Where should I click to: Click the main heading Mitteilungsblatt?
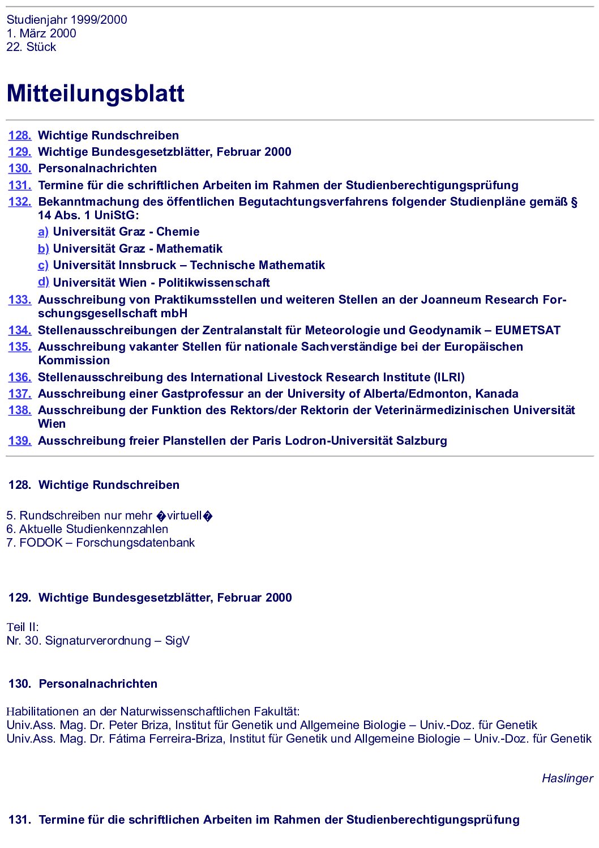coord(95,93)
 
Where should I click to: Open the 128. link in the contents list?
coord(20,135)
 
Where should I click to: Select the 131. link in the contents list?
coord(20,185)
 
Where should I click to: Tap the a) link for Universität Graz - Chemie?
coord(43,232)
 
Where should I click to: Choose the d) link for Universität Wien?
coord(43,282)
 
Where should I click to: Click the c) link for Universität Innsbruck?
coord(43,265)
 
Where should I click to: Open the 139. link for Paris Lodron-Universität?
coord(20,441)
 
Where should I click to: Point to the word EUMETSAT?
coord(528,330)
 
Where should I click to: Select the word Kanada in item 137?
coord(497,394)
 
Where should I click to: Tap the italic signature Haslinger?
coord(567,778)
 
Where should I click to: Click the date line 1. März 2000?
coord(41,33)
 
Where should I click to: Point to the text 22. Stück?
coord(31,47)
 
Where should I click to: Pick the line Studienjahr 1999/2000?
coord(67,20)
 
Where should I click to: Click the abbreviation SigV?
coord(177,641)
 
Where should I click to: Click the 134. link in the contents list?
coord(20,330)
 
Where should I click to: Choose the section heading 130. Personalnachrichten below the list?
coord(83,684)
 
